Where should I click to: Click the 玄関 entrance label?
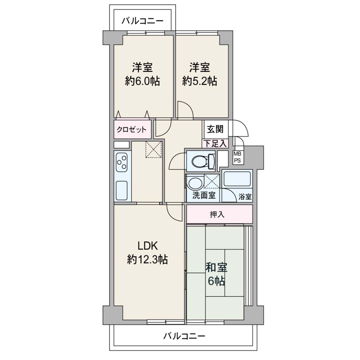point(215,129)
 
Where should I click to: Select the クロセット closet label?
point(131,130)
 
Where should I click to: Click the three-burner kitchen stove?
point(122,162)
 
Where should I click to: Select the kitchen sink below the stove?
point(122,190)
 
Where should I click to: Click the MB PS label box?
point(237,157)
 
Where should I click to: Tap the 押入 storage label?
point(217,214)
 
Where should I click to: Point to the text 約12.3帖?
point(147,260)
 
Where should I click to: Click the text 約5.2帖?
point(200,81)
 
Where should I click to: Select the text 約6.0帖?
point(142,81)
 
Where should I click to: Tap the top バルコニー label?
point(142,21)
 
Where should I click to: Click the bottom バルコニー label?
point(184,336)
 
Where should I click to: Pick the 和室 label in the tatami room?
point(216,268)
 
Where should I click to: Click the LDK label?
point(148,246)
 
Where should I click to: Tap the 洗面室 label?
point(204,195)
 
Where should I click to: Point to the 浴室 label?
point(245,197)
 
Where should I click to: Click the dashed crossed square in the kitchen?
point(154,150)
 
